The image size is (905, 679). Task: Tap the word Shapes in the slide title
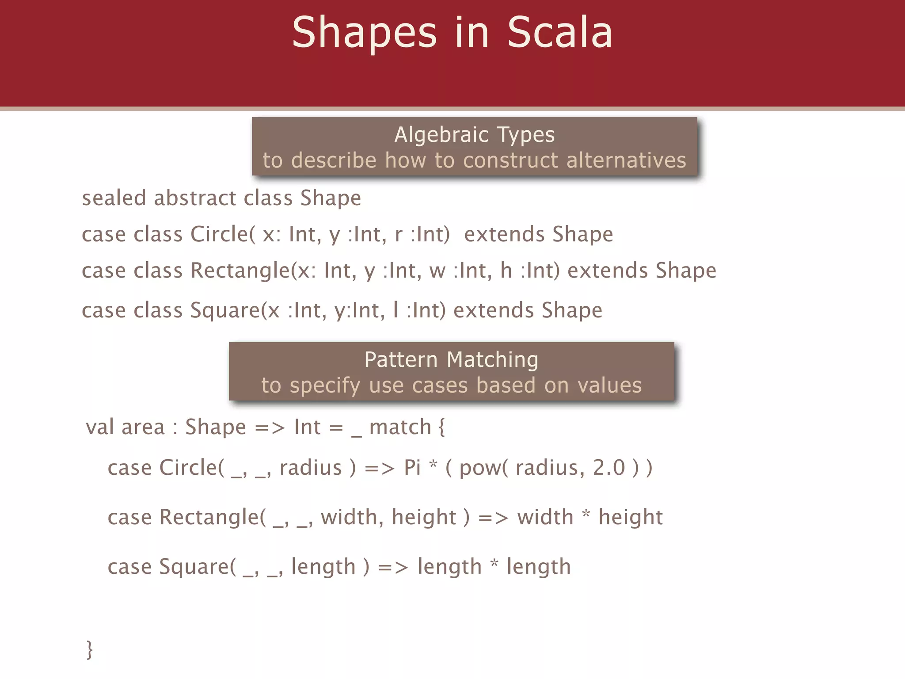coord(365,33)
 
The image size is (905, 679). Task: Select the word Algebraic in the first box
coord(441,135)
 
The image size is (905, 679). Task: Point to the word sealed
coord(114,198)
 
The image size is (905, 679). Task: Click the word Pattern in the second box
coord(401,359)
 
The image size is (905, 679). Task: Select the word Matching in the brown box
coord(493,359)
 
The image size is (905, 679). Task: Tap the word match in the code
coord(400,427)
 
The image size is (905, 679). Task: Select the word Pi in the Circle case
coord(412,468)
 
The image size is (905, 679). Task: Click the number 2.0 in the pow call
coord(609,468)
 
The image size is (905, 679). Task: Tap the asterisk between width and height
coord(586,514)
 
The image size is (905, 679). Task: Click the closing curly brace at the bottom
coord(90,649)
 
